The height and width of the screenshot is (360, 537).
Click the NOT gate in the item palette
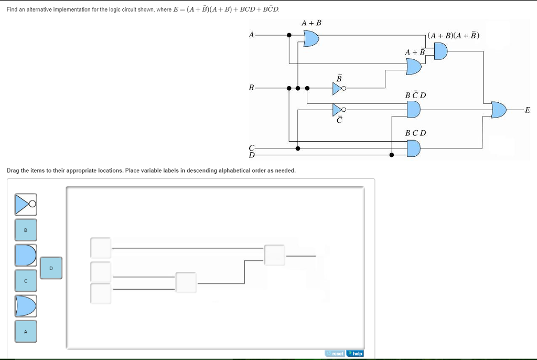25,204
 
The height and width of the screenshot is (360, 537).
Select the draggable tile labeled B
26,230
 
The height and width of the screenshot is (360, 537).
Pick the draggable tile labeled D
51,268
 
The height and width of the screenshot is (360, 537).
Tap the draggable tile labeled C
26,280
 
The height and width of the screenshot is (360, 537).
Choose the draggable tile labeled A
26,331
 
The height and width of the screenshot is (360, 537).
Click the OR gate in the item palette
26,306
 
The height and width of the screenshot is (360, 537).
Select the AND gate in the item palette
26,255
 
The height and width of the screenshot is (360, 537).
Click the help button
355,353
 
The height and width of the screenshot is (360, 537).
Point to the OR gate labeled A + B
311,38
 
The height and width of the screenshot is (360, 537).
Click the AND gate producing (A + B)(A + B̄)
440,51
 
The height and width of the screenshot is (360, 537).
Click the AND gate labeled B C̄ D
414,109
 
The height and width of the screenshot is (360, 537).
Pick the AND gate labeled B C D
414,149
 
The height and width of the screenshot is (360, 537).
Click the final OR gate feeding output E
499,110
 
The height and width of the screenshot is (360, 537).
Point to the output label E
527,110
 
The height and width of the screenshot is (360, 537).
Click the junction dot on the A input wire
289,35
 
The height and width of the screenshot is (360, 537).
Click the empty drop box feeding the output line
274,255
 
